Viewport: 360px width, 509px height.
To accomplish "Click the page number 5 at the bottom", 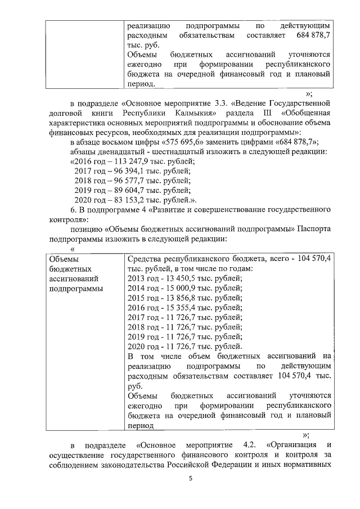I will [190, 478].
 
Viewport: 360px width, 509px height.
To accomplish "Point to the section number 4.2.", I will [250, 445].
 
